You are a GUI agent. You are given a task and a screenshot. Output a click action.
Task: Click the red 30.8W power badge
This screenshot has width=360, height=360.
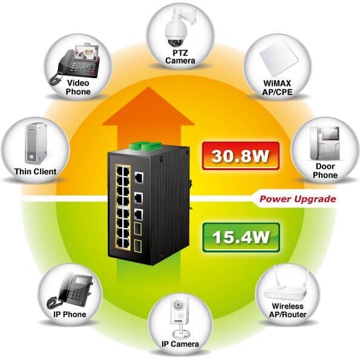click(x=241, y=156)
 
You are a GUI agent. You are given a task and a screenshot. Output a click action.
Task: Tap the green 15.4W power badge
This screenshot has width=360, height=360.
click(x=241, y=237)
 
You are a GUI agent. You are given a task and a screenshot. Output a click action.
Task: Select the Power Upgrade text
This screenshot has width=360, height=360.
click(x=298, y=199)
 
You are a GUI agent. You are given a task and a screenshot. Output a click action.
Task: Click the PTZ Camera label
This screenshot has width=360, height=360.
click(x=180, y=57)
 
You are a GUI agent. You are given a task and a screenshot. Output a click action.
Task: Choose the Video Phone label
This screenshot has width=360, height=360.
click(x=78, y=87)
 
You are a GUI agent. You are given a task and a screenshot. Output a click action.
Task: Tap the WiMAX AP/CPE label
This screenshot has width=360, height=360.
click(x=277, y=88)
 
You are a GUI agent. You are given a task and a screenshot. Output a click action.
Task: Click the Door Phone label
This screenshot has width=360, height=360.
click(x=325, y=171)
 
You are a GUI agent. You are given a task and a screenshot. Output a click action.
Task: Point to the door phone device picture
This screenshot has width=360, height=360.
click(x=325, y=143)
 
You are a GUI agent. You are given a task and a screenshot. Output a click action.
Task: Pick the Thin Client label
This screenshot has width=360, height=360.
click(x=35, y=171)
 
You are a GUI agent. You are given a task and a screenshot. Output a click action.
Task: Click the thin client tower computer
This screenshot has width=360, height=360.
click(x=36, y=143)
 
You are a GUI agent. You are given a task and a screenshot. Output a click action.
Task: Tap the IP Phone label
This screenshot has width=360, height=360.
click(x=70, y=314)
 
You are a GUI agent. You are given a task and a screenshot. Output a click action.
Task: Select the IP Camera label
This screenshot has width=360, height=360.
click(x=180, y=344)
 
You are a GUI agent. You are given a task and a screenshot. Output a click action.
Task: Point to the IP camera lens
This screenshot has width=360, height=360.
click(x=177, y=305)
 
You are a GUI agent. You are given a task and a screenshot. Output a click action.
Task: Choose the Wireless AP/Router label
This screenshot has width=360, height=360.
click(x=287, y=310)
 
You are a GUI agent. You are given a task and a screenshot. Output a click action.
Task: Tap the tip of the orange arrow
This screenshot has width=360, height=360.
click(x=148, y=87)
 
